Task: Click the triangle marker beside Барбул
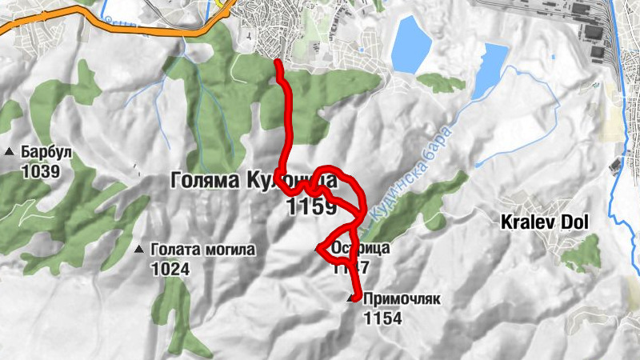tap(10, 151)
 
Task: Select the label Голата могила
tap(202, 250)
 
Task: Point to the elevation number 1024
tap(170, 269)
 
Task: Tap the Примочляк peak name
tap(402, 300)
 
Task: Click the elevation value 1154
tap(382, 318)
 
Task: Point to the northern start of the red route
tap(277, 62)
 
